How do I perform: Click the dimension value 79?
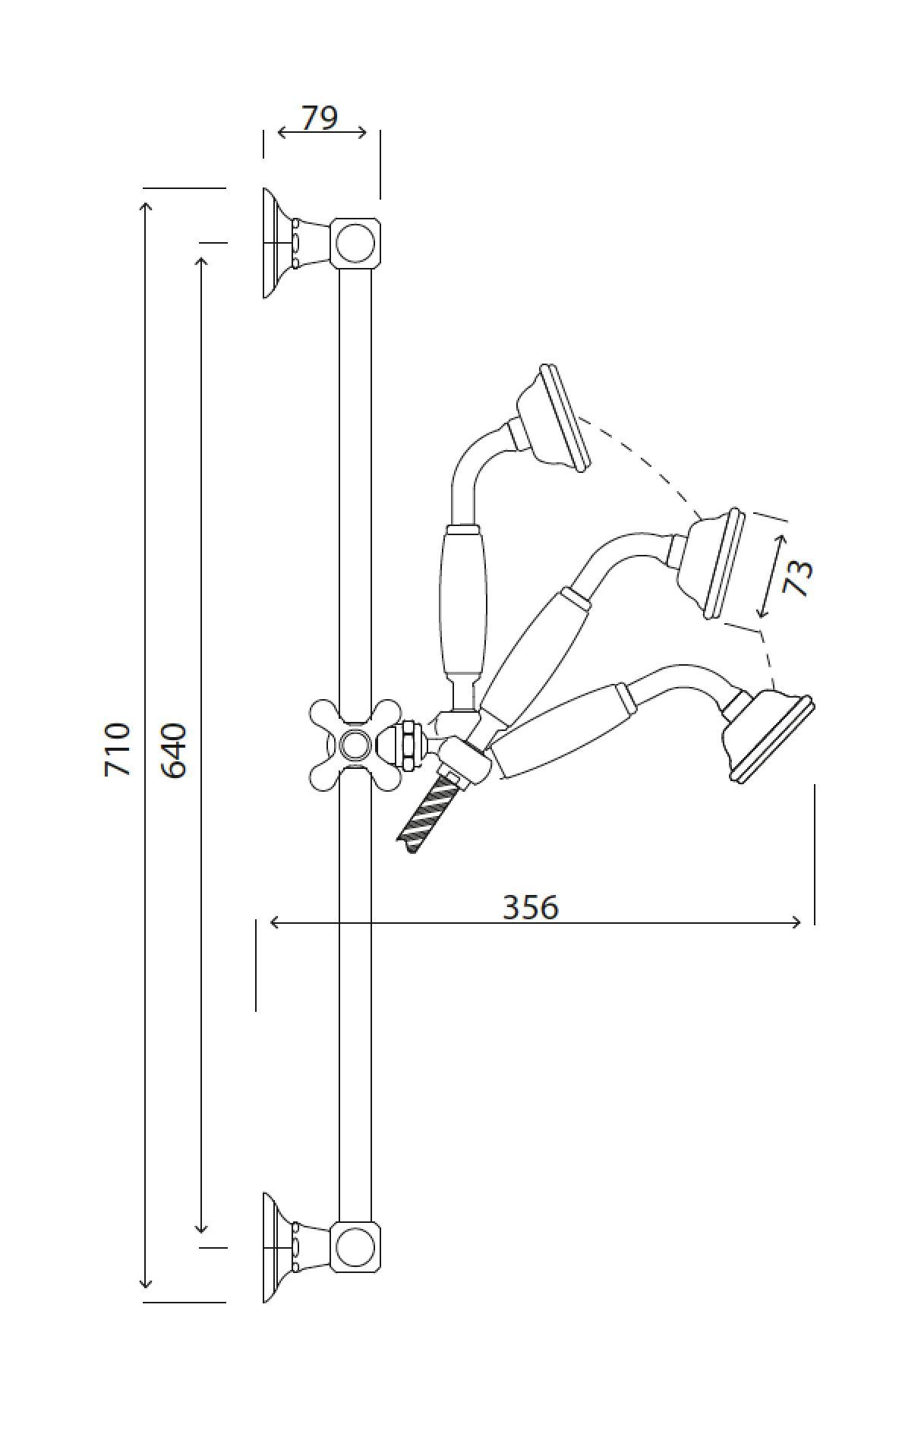point(319,118)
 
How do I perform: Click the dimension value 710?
point(118,749)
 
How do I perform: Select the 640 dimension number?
point(174,750)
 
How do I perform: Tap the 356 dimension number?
point(531,906)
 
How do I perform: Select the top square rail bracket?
point(355,242)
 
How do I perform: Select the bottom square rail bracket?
point(355,1247)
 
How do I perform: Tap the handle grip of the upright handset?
point(461,600)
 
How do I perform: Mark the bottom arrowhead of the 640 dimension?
point(201,1228)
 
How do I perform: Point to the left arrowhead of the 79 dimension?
point(282,133)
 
